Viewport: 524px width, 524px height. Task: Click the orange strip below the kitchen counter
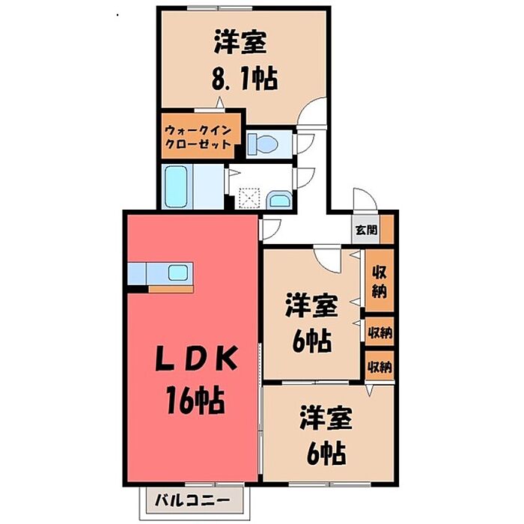pyautogui.click(x=171, y=288)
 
